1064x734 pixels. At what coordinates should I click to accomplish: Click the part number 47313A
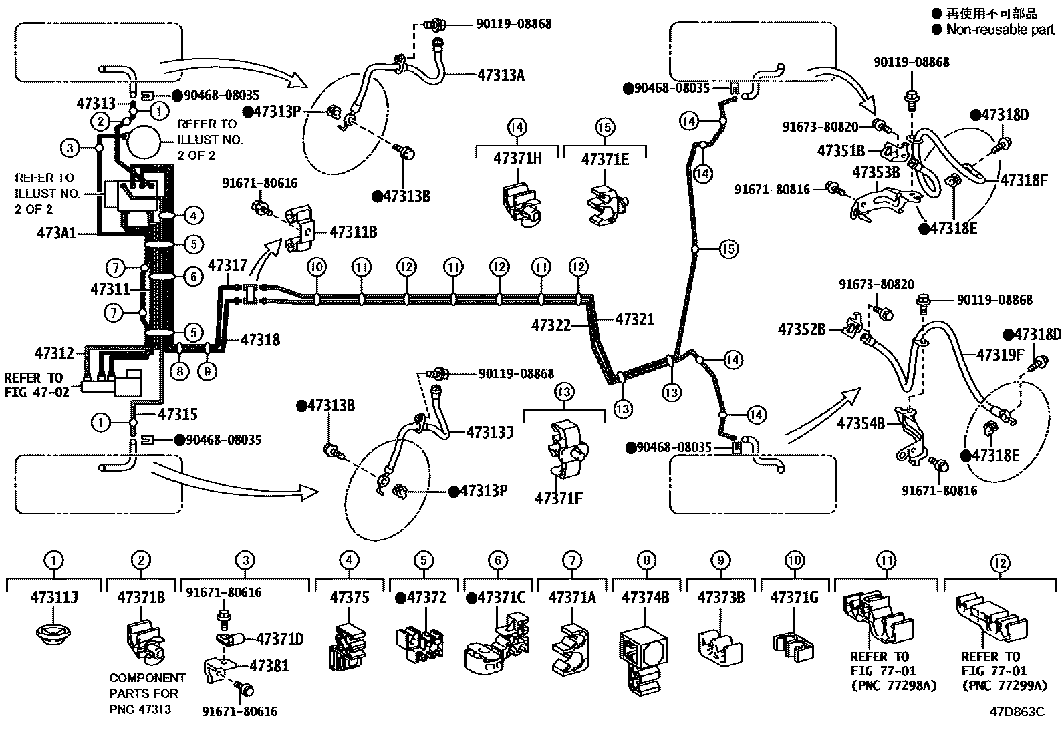click(501, 75)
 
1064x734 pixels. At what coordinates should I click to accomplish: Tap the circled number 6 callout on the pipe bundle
click(193, 277)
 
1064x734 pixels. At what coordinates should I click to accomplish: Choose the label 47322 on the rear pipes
click(551, 325)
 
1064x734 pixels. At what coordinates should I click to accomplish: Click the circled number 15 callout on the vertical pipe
click(728, 249)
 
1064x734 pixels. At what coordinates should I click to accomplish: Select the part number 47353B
click(876, 173)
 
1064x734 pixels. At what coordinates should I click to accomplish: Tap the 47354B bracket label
click(861, 423)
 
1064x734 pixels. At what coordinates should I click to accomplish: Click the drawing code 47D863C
click(1017, 711)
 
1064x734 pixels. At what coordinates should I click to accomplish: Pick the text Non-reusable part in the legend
click(1000, 29)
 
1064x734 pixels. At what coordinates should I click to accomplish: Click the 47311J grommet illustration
click(53, 632)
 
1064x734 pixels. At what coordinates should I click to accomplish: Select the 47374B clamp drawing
click(643, 658)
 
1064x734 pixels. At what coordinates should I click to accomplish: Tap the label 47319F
click(1001, 354)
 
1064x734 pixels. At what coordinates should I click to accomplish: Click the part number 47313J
click(489, 432)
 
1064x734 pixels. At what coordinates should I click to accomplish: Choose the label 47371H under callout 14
click(517, 158)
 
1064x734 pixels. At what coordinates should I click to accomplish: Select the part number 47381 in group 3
click(269, 665)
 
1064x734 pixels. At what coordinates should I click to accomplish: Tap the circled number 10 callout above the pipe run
click(317, 268)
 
